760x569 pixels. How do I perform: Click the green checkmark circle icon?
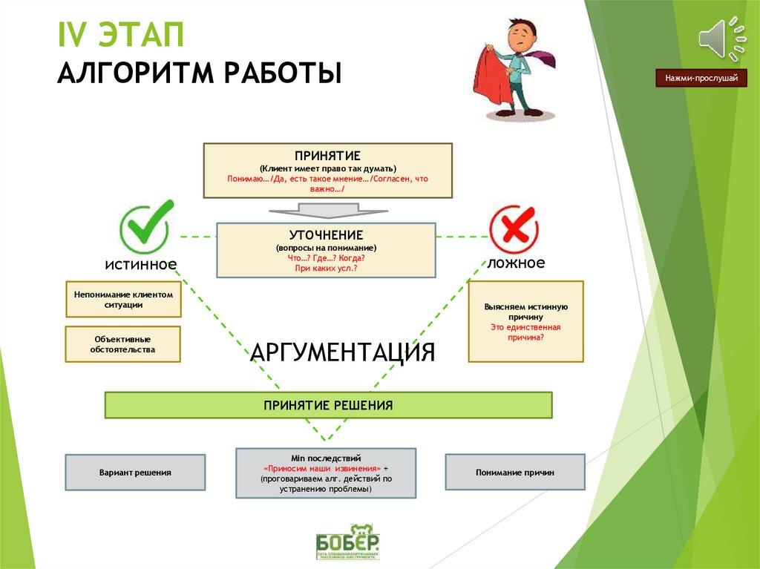point(146,226)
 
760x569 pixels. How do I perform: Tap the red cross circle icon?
point(514,228)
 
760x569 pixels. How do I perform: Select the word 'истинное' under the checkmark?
point(140,265)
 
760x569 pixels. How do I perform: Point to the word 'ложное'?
point(516,263)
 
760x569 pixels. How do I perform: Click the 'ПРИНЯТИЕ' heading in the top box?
point(327,156)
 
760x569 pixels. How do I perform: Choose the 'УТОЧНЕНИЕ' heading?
point(327,234)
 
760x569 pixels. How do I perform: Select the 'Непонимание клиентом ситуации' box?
point(123,300)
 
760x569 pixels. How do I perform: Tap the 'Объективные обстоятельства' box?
point(123,344)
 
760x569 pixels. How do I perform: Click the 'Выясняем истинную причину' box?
point(525,321)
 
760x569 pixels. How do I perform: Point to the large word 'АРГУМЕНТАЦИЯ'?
point(342,352)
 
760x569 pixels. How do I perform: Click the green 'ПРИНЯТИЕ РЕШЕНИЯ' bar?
point(328,406)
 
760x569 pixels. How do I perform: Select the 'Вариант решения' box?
point(135,473)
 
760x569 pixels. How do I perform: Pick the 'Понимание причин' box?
point(514,473)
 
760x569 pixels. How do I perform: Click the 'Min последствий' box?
point(326,473)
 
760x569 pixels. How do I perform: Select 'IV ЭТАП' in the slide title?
point(121,37)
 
